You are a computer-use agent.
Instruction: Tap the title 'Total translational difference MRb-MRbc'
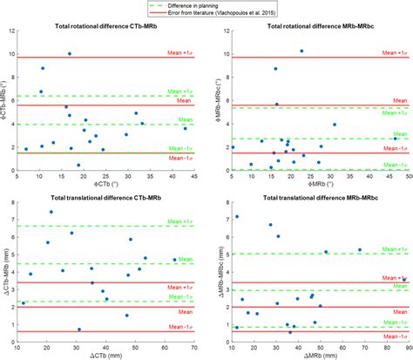tap(318, 192)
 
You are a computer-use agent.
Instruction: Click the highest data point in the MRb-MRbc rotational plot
tap(301, 51)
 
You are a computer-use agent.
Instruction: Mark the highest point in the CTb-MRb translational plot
tap(51, 212)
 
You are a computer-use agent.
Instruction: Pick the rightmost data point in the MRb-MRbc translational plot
tap(403, 279)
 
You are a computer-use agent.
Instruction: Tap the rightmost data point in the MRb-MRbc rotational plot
tap(395, 139)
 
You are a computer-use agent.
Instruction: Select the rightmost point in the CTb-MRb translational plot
tap(174, 260)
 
